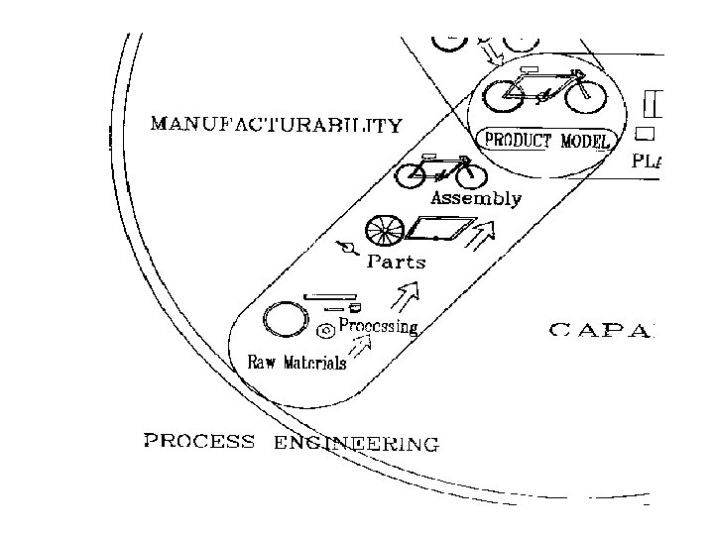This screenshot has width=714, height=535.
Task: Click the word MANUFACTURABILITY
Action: [276, 126]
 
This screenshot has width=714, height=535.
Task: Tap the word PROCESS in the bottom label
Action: [199, 441]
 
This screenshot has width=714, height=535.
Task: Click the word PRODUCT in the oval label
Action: [518, 141]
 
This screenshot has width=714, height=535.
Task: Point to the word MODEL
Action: [585, 141]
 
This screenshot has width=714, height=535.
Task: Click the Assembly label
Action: [475, 198]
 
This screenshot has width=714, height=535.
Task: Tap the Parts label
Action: [396, 263]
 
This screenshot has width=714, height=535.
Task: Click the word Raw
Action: [262, 363]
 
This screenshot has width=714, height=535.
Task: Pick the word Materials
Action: [315, 363]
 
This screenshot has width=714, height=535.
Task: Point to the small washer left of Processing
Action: [323, 330]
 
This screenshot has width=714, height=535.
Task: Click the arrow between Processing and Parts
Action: [406, 294]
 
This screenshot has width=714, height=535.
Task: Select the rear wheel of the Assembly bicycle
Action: [413, 177]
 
